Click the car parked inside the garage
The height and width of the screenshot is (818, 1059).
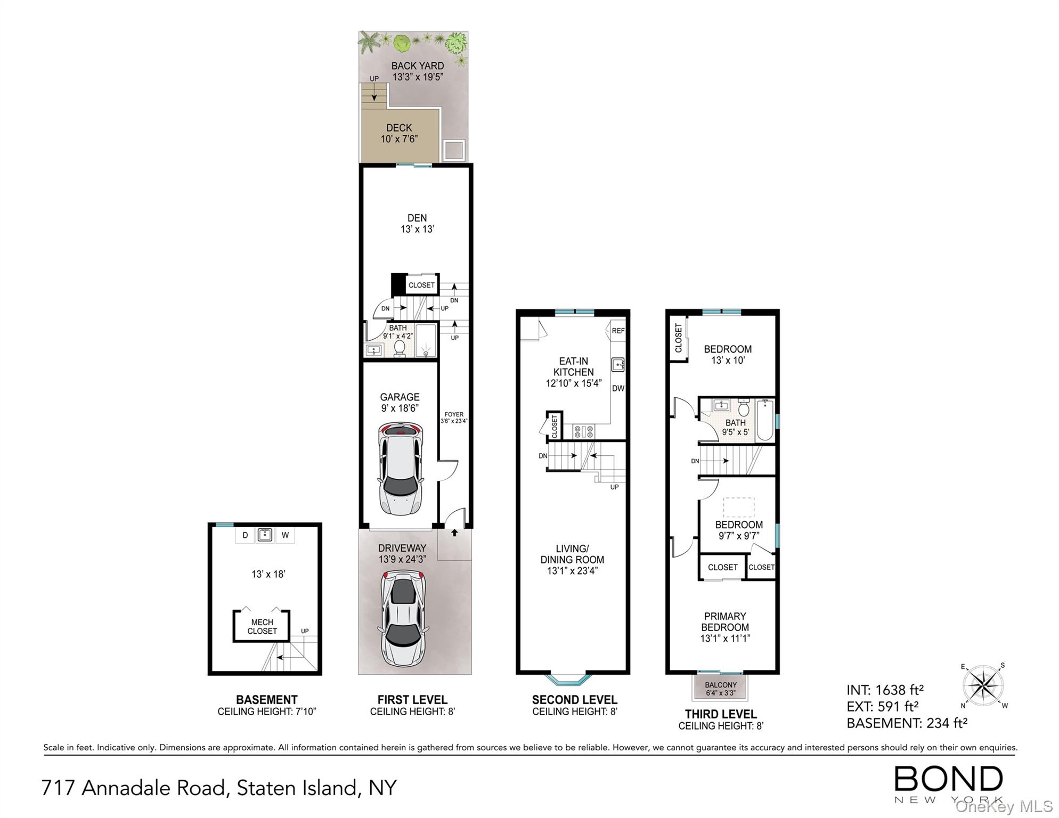pyautogui.click(x=400, y=469)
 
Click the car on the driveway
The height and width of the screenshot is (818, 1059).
pyautogui.click(x=403, y=618)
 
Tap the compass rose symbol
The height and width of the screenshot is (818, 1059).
pyautogui.click(x=983, y=686)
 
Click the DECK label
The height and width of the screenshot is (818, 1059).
pyautogui.click(x=399, y=128)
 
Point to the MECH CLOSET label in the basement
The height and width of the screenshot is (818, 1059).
pyautogui.click(x=262, y=627)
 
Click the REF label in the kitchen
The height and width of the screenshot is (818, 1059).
pyautogui.click(x=618, y=331)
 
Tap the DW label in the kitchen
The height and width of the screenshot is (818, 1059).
pyautogui.click(x=618, y=388)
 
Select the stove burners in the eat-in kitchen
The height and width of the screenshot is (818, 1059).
pyautogui.click(x=583, y=431)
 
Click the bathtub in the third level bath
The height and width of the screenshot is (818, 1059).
pyautogui.click(x=765, y=420)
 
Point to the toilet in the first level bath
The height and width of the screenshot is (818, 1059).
pyautogui.click(x=400, y=348)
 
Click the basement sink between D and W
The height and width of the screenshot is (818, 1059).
pyautogui.click(x=265, y=535)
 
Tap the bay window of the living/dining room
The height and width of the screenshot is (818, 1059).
pyautogui.click(x=570, y=679)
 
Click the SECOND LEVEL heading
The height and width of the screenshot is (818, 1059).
pyautogui.click(x=574, y=700)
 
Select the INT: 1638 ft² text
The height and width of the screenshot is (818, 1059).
pyautogui.click(x=885, y=690)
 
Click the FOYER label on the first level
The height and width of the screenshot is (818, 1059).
pyautogui.click(x=454, y=414)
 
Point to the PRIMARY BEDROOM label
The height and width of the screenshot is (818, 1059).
pyautogui.click(x=725, y=621)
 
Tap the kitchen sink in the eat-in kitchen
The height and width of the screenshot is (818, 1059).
pyautogui.click(x=618, y=365)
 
